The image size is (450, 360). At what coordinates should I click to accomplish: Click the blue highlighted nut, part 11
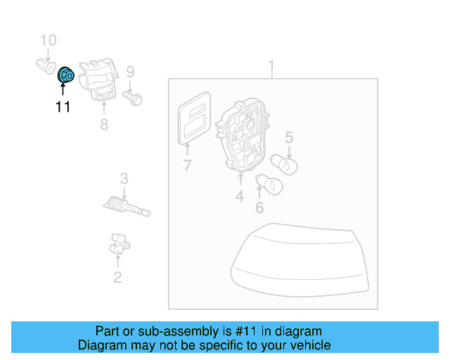pos(66,75)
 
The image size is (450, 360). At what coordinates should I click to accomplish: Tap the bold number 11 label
pos(63,107)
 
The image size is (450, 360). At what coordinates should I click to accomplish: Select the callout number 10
pos(49,40)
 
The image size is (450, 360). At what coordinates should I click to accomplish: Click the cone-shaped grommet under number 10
pos(46,66)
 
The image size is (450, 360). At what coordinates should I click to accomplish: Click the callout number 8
pos(104,124)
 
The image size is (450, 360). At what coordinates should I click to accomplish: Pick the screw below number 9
pos(133,98)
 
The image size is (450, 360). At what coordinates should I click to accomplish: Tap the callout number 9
pos(130,72)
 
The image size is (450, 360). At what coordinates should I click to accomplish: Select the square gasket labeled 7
pos(194,118)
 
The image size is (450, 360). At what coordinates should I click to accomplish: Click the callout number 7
pos(187,166)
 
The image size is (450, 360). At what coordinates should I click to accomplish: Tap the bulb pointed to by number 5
pos(284,165)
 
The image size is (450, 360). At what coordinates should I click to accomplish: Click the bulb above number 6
pos(269,184)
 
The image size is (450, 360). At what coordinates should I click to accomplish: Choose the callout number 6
pos(259,208)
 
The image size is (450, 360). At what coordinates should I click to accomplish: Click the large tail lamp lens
pos(300,260)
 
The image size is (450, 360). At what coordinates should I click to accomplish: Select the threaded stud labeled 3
pos(127,207)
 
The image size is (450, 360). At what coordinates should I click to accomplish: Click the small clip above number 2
pos(120,244)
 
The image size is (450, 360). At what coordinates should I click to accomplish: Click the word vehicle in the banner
pos(314,345)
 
